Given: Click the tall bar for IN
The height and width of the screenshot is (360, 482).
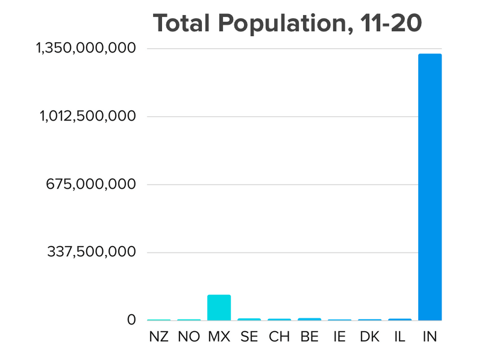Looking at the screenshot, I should coord(430,187).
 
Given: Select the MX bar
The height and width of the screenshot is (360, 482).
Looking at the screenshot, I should coord(219,308).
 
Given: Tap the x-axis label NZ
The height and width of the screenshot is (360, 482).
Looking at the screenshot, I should coord(159,337).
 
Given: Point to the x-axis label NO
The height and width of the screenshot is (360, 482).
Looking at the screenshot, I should coord(189,337).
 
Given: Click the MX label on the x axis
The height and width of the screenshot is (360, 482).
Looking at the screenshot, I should coord(219,337).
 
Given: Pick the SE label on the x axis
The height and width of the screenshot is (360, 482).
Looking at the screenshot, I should coord(249,337).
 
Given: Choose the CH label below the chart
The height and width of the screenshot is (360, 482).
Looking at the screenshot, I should coord(279,337).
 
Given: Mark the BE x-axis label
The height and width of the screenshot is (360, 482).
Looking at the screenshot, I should coord(309,337).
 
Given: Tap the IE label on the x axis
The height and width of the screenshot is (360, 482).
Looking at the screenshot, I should coord(339,337).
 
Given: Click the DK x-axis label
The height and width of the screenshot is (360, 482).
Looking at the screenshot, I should coord(369,337).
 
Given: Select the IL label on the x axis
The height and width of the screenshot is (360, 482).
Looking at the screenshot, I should coord(399,337).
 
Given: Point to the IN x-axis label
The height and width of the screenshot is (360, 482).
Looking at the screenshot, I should coord(430,337).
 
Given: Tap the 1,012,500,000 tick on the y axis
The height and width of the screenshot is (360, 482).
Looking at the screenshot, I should coord(88,116).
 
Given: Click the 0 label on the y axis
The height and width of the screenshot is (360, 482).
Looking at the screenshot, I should coord(131,320).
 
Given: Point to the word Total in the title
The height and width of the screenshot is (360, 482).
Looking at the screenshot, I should coord(182,23).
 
